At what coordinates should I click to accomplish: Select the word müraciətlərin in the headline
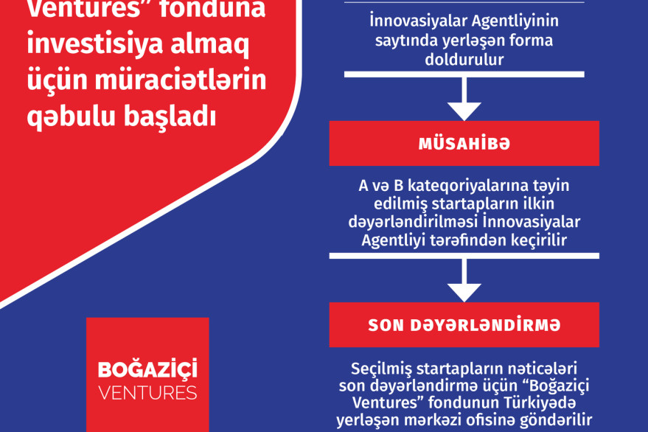(181, 80)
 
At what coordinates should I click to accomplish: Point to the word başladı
(171, 116)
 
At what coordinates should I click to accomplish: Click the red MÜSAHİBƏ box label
(464, 144)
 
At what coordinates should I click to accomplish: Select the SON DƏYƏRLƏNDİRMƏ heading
(464, 325)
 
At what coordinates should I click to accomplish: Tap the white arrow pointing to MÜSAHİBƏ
(464, 100)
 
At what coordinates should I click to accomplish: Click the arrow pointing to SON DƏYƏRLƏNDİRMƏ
(464, 281)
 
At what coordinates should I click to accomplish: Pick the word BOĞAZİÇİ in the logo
(147, 369)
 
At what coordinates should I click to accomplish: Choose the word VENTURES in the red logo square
(147, 393)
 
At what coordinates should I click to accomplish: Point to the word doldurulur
(464, 60)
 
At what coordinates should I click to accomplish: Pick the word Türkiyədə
(540, 403)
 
